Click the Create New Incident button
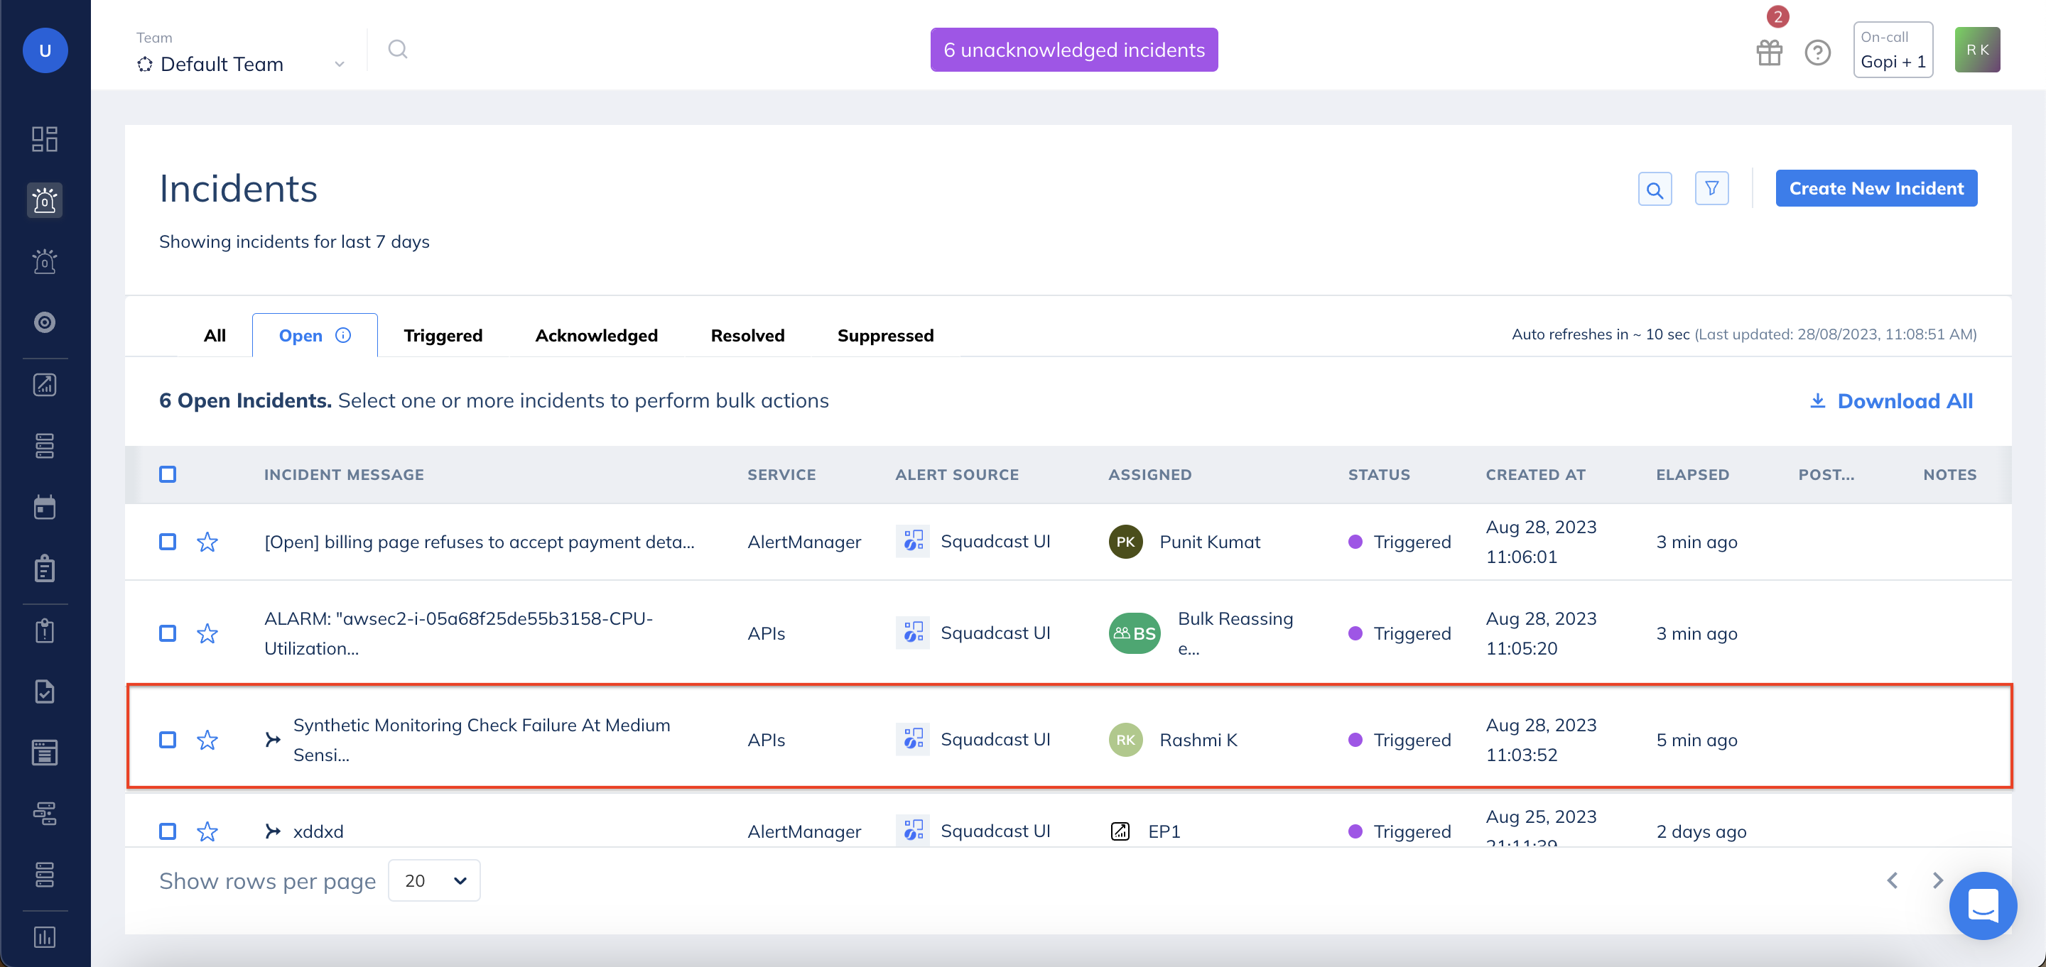click(1875, 188)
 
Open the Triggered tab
click(443, 335)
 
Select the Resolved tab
click(747, 335)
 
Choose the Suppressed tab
click(884, 335)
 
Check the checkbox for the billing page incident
click(168, 542)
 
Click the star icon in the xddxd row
click(207, 831)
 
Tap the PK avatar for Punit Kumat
click(1125, 542)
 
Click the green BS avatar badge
click(1133, 633)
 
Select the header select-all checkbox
click(168, 474)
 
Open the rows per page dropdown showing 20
click(433, 880)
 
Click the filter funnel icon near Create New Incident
click(1711, 189)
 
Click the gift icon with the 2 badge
click(1769, 53)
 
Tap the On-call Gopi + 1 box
click(1892, 50)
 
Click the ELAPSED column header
click(1692, 474)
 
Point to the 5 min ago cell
click(1696, 740)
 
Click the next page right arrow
click(1937, 880)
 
